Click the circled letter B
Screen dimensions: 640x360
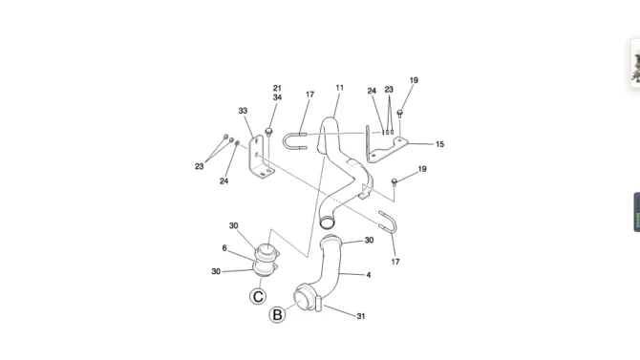pos(277,315)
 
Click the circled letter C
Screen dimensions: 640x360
pos(258,296)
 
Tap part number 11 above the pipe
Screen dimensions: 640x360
pos(340,88)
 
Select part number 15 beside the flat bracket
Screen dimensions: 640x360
pos(439,144)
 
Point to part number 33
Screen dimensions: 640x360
pos(243,111)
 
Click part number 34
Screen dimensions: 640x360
pos(277,97)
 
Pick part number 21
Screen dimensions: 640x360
pos(277,88)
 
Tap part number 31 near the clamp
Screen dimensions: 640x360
pos(361,316)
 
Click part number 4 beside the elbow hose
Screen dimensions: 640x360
pos(369,275)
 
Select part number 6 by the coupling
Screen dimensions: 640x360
pos(224,248)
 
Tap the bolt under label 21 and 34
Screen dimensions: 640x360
pos(268,132)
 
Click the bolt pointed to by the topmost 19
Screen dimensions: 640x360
pos(400,113)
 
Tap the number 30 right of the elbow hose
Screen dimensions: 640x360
pos(369,241)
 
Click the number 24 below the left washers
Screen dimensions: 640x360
pos(224,181)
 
